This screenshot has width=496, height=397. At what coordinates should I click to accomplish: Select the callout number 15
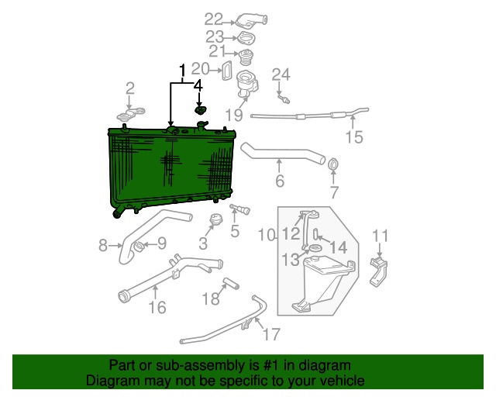[353, 138]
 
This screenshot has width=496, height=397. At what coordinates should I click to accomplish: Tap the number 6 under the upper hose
[280, 182]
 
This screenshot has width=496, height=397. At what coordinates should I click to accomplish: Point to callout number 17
[270, 335]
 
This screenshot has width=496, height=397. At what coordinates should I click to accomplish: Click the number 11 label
[381, 236]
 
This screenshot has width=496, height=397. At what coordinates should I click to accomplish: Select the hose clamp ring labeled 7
[334, 164]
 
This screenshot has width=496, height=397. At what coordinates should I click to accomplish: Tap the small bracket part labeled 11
[381, 269]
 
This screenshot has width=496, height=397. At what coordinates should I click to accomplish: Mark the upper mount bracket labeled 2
[130, 116]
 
